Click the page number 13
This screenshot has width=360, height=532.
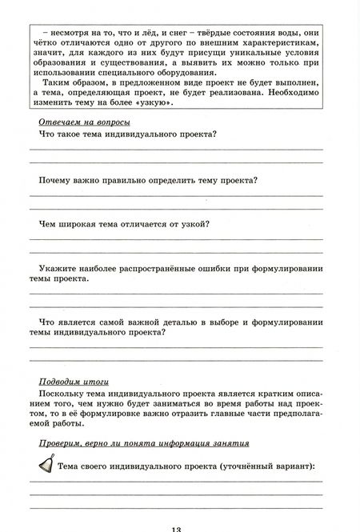178,526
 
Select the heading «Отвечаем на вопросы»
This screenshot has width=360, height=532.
85,122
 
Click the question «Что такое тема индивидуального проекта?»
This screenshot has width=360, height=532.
128,135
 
